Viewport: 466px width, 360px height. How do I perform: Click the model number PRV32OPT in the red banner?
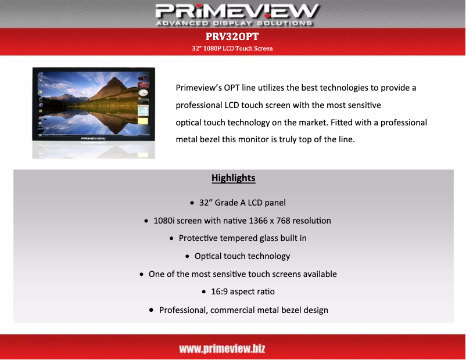[232, 37]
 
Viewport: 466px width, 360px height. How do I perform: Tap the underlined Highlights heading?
[234, 178]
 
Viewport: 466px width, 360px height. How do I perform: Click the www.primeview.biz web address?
[222, 348]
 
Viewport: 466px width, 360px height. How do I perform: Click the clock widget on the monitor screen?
[143, 92]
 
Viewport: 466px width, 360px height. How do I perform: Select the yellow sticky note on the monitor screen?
[143, 109]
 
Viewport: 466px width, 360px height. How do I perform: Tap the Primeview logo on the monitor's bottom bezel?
[93, 139]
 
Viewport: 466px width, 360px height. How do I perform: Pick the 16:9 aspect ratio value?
[221, 291]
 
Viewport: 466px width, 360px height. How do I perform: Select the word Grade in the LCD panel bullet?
[227, 203]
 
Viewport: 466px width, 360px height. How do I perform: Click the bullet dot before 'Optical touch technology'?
[187, 257]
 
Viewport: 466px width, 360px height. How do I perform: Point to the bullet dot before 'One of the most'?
[142, 274]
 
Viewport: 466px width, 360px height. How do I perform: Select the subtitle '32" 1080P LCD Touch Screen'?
[232, 48]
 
